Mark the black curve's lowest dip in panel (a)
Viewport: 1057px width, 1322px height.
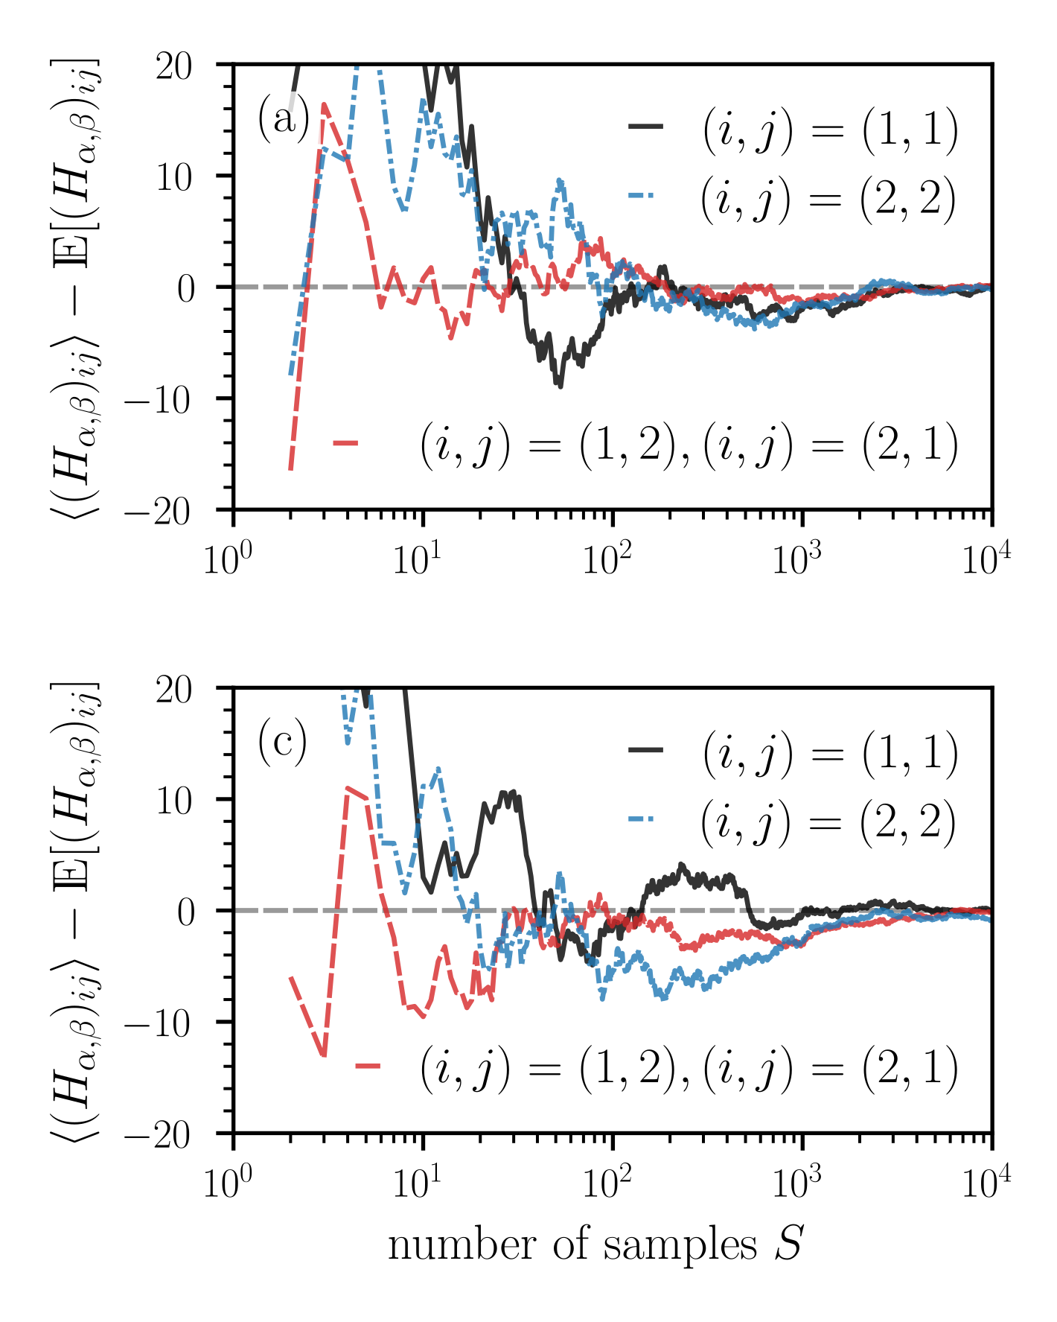560,386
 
